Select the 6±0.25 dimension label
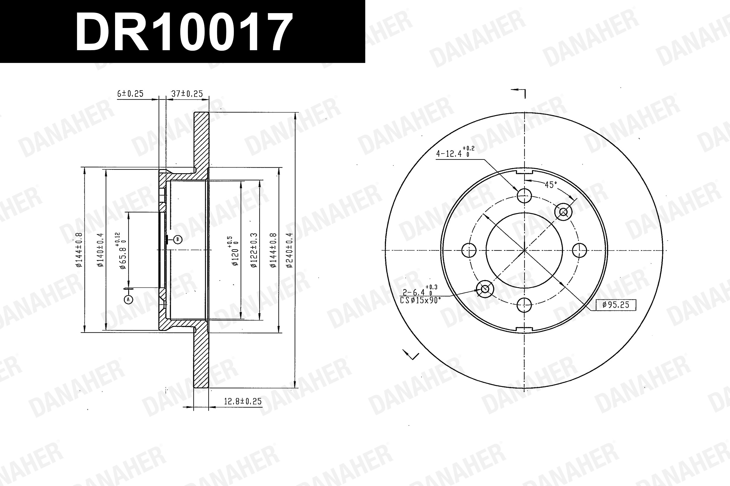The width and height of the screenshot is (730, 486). [130, 94]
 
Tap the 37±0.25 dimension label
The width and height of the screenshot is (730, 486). [187, 94]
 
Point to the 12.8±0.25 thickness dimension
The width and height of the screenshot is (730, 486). [243, 401]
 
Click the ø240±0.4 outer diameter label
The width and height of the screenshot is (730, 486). [289, 250]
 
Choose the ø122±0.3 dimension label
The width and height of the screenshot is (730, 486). [254, 250]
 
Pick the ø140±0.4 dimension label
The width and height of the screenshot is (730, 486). [100, 250]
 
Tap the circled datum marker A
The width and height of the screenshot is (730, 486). [128, 299]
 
